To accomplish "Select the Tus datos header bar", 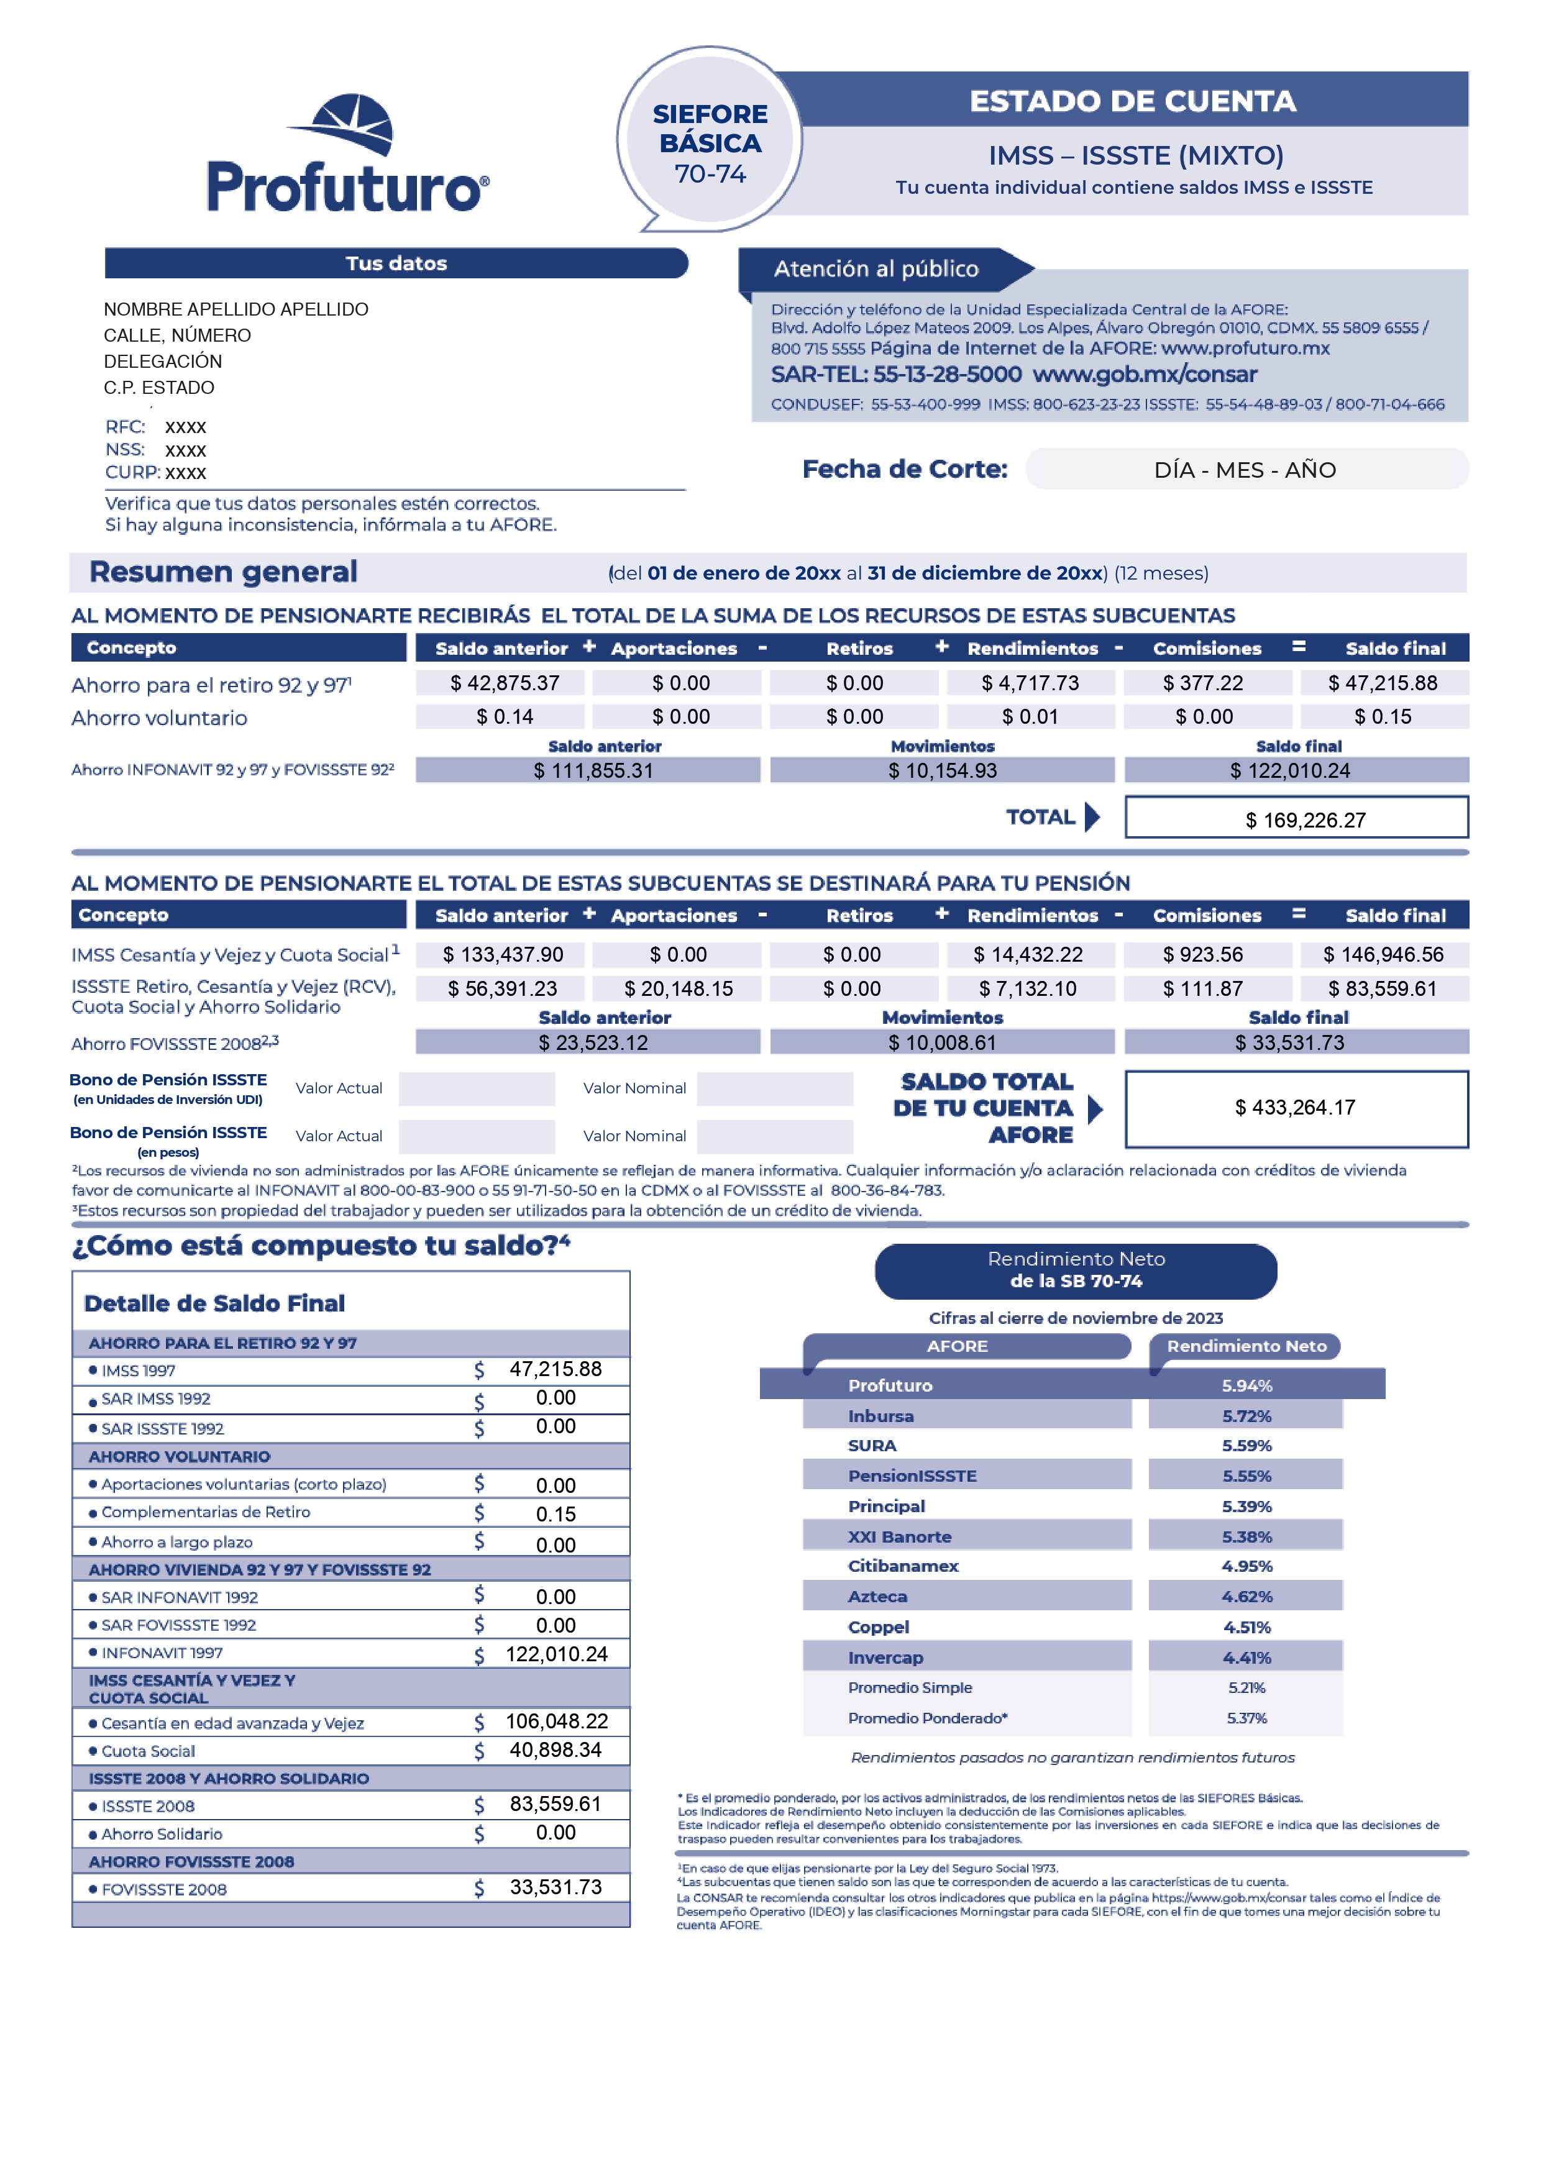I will [x=396, y=263].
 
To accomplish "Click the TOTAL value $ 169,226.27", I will [x=1305, y=819].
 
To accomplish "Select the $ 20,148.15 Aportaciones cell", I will [x=678, y=988].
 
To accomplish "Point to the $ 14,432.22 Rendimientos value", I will [x=1027, y=954].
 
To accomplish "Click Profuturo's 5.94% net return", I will [x=1246, y=1385].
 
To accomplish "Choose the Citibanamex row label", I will [x=903, y=1566].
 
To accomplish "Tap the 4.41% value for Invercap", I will [x=1246, y=1658].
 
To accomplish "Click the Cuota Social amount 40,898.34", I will [x=556, y=1750].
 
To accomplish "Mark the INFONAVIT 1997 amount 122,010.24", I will [x=556, y=1654].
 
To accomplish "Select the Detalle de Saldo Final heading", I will [x=214, y=1303].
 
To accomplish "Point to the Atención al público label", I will [x=876, y=269].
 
